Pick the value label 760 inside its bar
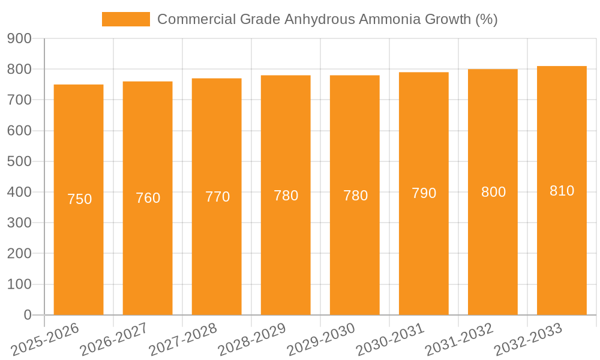click(x=148, y=198)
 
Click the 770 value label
click(x=217, y=197)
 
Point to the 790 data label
click(x=424, y=193)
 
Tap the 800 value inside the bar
click(x=493, y=192)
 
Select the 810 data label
click(x=562, y=191)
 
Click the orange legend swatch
click(x=126, y=19)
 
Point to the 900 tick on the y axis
click(x=19, y=39)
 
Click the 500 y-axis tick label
click(x=19, y=161)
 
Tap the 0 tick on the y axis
click(x=27, y=315)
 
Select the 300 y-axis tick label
click(x=19, y=223)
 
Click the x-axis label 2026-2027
click(x=115, y=339)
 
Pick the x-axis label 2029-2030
click(x=322, y=339)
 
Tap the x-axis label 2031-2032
click(x=460, y=339)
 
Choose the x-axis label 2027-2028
click(x=184, y=339)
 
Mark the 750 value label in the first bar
click(x=79, y=199)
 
